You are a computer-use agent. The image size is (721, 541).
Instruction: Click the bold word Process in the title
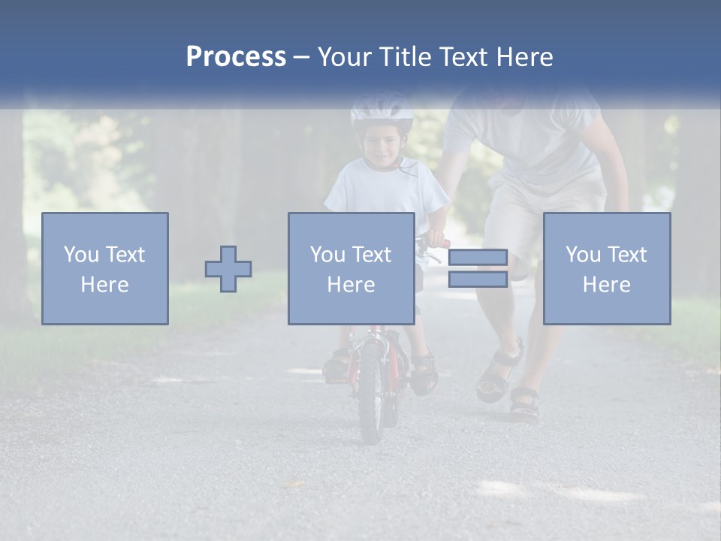tap(236, 57)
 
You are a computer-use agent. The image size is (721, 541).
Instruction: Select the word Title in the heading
tap(406, 57)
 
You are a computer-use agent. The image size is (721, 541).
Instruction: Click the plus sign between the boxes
tap(228, 269)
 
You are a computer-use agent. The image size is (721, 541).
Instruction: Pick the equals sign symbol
tap(478, 268)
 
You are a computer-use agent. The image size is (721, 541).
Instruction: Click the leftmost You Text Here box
tap(105, 268)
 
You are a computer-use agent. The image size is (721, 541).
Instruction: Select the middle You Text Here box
tap(351, 268)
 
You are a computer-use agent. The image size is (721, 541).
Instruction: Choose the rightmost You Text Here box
tap(607, 268)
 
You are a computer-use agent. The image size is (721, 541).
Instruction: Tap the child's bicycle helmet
tap(382, 111)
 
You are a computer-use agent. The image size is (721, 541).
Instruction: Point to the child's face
tap(382, 147)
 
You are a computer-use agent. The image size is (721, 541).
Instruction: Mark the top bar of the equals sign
tap(478, 257)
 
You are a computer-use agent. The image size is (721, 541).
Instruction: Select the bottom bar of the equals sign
tap(478, 280)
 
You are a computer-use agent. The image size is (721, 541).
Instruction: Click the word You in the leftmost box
tap(81, 255)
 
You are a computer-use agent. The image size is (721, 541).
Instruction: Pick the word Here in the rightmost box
tap(607, 285)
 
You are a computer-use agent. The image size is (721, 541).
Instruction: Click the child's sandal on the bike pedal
tap(423, 373)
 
